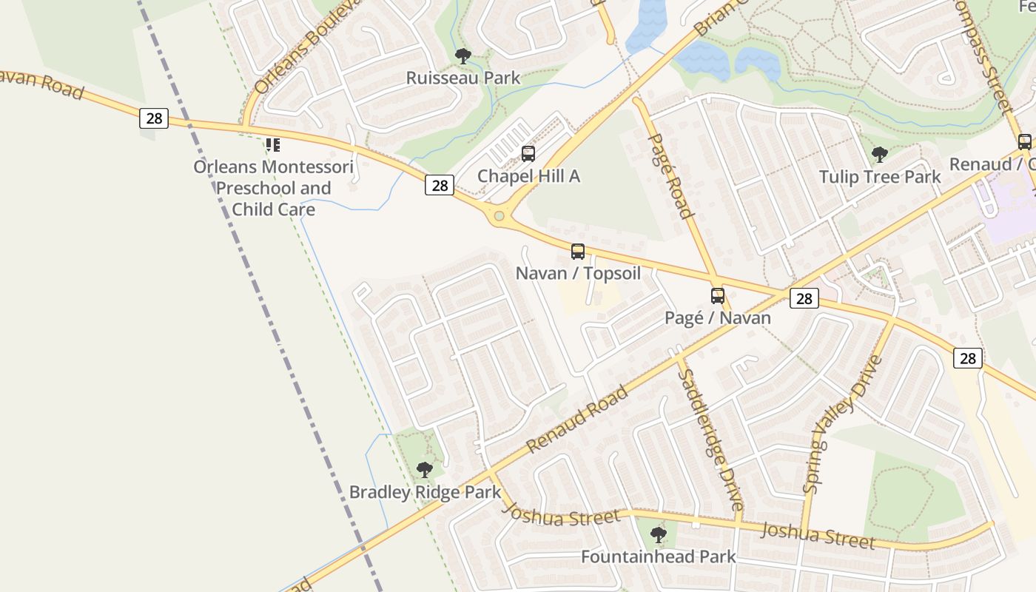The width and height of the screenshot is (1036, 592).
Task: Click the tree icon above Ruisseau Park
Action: point(463,55)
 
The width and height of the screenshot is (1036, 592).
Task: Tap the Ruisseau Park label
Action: point(463,78)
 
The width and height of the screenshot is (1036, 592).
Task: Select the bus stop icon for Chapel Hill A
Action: point(528,154)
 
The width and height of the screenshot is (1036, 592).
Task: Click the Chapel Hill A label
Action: point(528,176)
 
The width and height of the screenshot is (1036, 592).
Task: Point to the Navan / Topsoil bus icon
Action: point(578,252)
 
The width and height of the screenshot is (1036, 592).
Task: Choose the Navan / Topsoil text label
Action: point(578,273)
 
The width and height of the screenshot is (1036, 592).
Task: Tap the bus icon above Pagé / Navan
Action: point(718,296)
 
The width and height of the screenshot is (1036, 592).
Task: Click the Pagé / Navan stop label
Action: point(718,318)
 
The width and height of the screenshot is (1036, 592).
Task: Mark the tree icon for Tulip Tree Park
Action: point(880,155)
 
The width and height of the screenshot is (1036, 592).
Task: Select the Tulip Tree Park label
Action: point(880,177)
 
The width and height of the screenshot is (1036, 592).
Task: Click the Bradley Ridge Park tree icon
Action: point(424,470)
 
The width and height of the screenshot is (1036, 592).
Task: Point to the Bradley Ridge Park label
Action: point(425,492)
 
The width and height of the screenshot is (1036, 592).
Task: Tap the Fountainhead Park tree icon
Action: point(658,534)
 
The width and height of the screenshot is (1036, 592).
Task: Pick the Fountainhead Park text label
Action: point(658,556)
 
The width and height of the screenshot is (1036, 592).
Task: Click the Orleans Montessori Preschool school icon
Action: point(273,145)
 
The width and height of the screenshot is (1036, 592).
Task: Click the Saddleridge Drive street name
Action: point(710,440)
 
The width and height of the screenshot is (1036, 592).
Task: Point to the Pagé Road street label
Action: point(670,175)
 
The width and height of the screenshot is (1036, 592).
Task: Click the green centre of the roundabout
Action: point(499,216)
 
